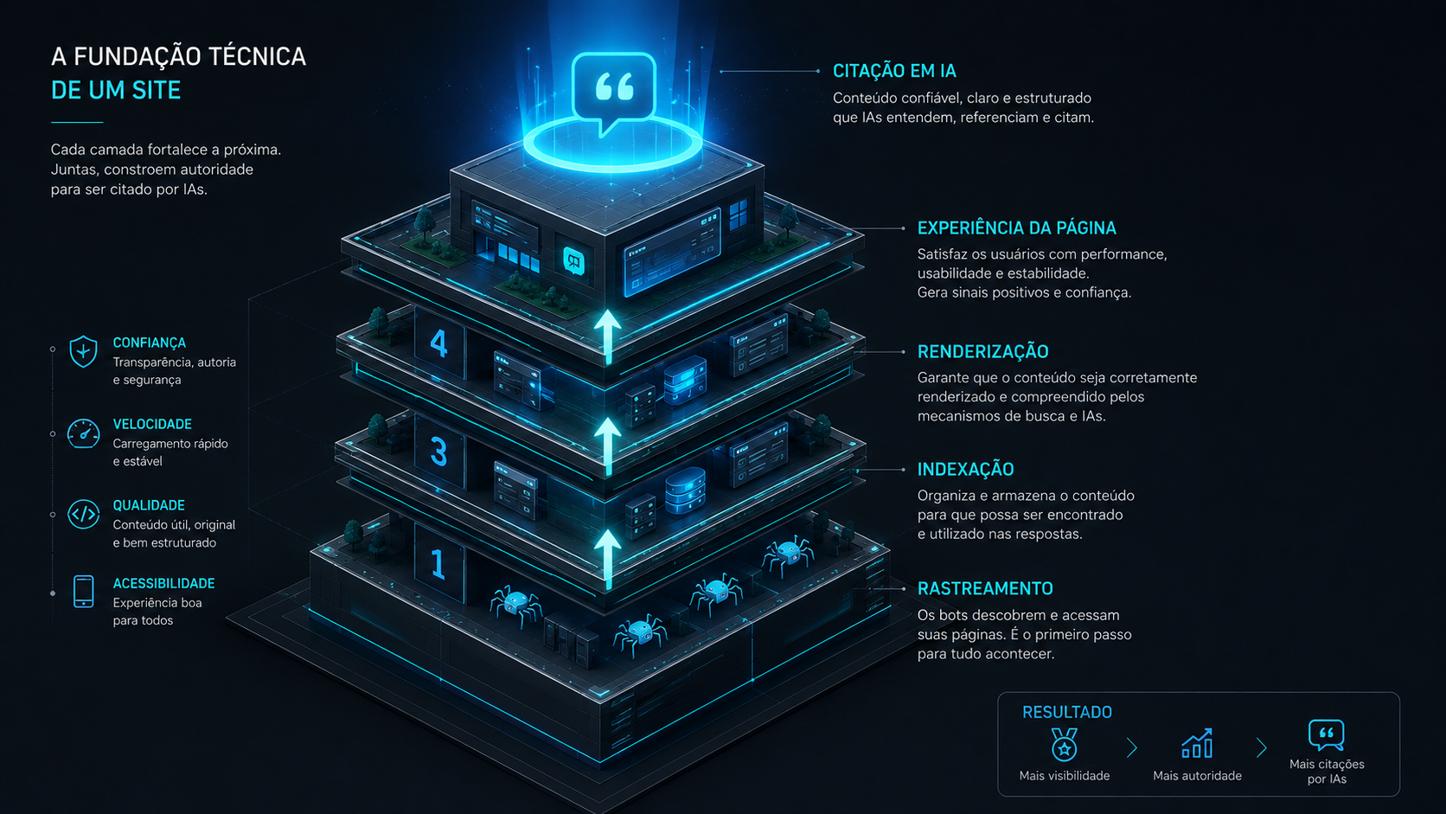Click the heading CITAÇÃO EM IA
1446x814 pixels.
[894, 71]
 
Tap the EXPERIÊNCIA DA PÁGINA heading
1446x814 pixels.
[1017, 228]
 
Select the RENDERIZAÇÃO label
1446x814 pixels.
[982, 352]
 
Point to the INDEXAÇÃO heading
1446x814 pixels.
[966, 470]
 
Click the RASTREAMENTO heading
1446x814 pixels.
[985, 589]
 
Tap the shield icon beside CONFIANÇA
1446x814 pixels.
[83, 351]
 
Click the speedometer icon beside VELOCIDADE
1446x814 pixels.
[83, 433]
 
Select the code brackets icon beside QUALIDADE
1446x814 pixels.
[83, 515]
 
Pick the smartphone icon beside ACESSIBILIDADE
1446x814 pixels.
[83, 592]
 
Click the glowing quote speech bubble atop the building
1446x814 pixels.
[613, 90]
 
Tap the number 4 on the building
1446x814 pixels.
[439, 343]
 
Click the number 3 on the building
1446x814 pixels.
[439, 452]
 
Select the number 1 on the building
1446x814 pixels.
[438, 563]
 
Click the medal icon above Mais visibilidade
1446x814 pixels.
[1064, 744]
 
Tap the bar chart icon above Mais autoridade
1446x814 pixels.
[1198, 743]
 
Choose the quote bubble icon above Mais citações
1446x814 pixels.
[1326, 735]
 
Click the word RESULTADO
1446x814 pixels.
[1067, 712]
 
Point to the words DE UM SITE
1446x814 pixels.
[116, 90]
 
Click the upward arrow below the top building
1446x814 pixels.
[607, 336]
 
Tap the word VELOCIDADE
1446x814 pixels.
[152, 424]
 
